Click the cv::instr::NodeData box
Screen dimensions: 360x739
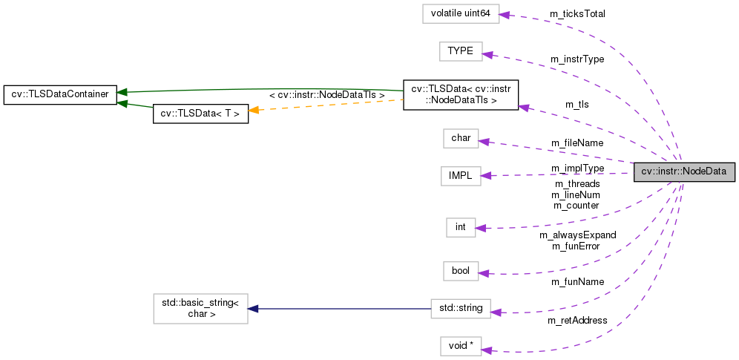point(683,171)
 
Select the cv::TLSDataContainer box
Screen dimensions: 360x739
point(60,94)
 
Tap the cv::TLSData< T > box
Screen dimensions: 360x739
point(200,114)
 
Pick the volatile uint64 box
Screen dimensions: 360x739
point(460,14)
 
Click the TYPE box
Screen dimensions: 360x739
point(460,51)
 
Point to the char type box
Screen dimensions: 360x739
point(461,138)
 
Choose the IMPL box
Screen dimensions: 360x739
point(460,175)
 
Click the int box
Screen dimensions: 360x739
point(460,227)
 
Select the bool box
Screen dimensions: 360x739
point(460,271)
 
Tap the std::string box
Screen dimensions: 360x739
point(461,309)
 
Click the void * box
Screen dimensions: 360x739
point(461,346)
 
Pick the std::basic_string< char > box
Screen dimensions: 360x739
point(200,308)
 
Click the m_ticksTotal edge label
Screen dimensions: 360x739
point(577,14)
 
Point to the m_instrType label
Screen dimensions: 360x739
point(577,59)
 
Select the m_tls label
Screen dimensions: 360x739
point(577,105)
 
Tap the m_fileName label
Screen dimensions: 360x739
point(577,143)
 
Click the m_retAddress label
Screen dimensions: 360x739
point(577,320)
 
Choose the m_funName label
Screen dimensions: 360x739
point(577,282)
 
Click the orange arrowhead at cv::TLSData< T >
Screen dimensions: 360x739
point(254,110)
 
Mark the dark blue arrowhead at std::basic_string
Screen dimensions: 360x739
point(253,308)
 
